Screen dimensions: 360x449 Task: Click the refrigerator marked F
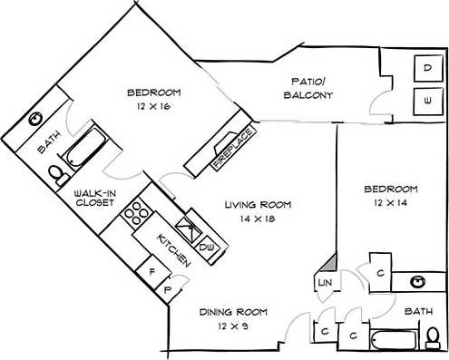[x=152, y=270]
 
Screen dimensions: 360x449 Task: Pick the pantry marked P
[x=168, y=290]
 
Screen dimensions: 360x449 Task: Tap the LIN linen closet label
[x=324, y=284]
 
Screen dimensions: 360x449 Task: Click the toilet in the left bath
[x=55, y=171]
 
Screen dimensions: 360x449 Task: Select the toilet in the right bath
[x=433, y=337]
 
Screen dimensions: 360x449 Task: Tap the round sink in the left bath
[x=36, y=119]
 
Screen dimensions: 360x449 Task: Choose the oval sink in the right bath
[x=420, y=282]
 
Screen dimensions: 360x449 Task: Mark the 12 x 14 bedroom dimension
[x=390, y=203]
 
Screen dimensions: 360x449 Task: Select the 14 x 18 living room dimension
[x=257, y=219]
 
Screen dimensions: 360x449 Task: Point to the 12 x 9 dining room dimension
[x=229, y=325]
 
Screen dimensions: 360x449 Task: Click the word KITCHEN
[x=173, y=248]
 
